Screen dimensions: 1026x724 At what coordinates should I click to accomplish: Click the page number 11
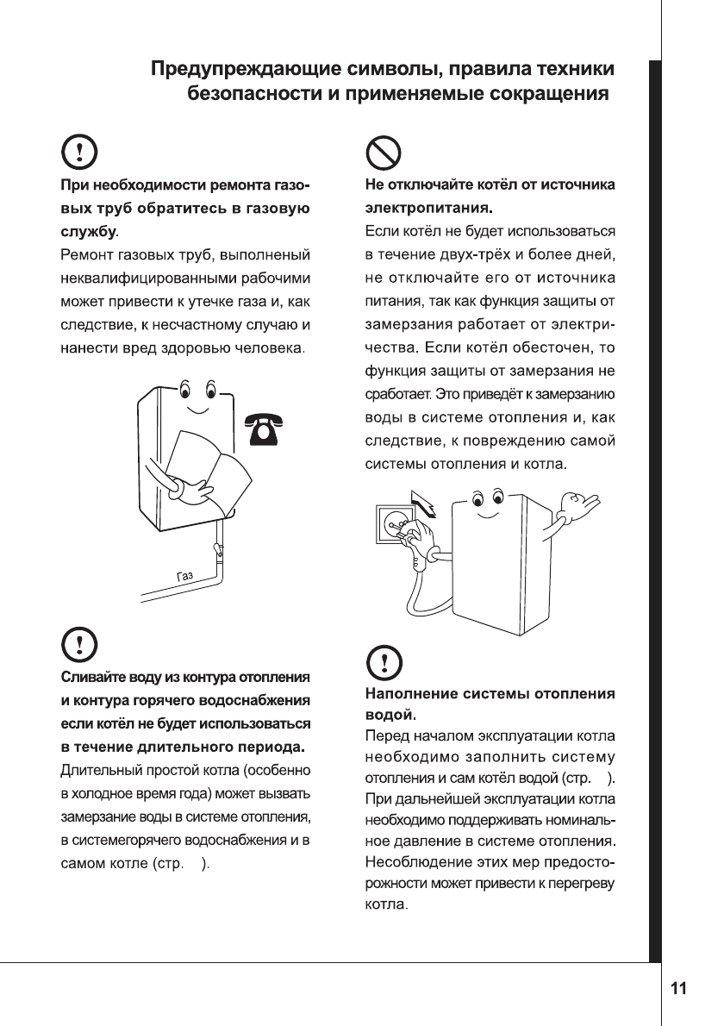pos(679,988)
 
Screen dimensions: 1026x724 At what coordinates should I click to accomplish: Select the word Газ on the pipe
pos(184,575)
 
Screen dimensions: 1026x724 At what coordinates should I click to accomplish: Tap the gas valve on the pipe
pos(218,547)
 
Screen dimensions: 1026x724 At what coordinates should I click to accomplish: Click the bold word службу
pos(87,233)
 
